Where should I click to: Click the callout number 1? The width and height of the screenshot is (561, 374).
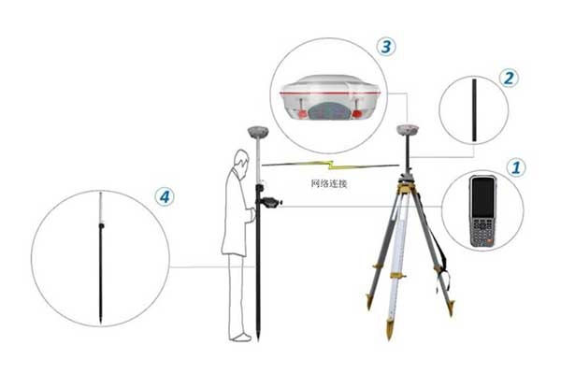[x=516, y=167]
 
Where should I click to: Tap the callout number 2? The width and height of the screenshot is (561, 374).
[x=509, y=78]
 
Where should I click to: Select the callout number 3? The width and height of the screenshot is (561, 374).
[x=386, y=47]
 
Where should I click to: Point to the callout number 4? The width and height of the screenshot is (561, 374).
[x=165, y=197]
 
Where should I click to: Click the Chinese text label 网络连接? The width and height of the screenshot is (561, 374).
[x=329, y=184]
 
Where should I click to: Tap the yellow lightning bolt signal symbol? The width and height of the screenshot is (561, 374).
[x=331, y=165]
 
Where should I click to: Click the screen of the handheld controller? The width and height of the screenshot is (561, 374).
[x=483, y=197]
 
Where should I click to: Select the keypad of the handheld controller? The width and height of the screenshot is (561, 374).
[x=482, y=231]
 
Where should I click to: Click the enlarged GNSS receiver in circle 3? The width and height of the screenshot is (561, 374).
[x=329, y=96]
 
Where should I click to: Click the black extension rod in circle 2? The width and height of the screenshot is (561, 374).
[x=474, y=110]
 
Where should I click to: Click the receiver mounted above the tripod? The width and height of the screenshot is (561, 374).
[x=408, y=130]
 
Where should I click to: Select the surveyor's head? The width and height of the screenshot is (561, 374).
[x=242, y=160]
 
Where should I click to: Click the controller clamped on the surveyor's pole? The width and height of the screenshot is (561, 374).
[x=269, y=203]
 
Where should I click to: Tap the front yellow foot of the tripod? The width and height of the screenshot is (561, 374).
[x=390, y=329]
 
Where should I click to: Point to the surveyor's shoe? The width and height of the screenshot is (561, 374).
[x=241, y=338]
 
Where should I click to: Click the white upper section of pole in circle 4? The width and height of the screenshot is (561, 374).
[x=101, y=208]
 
